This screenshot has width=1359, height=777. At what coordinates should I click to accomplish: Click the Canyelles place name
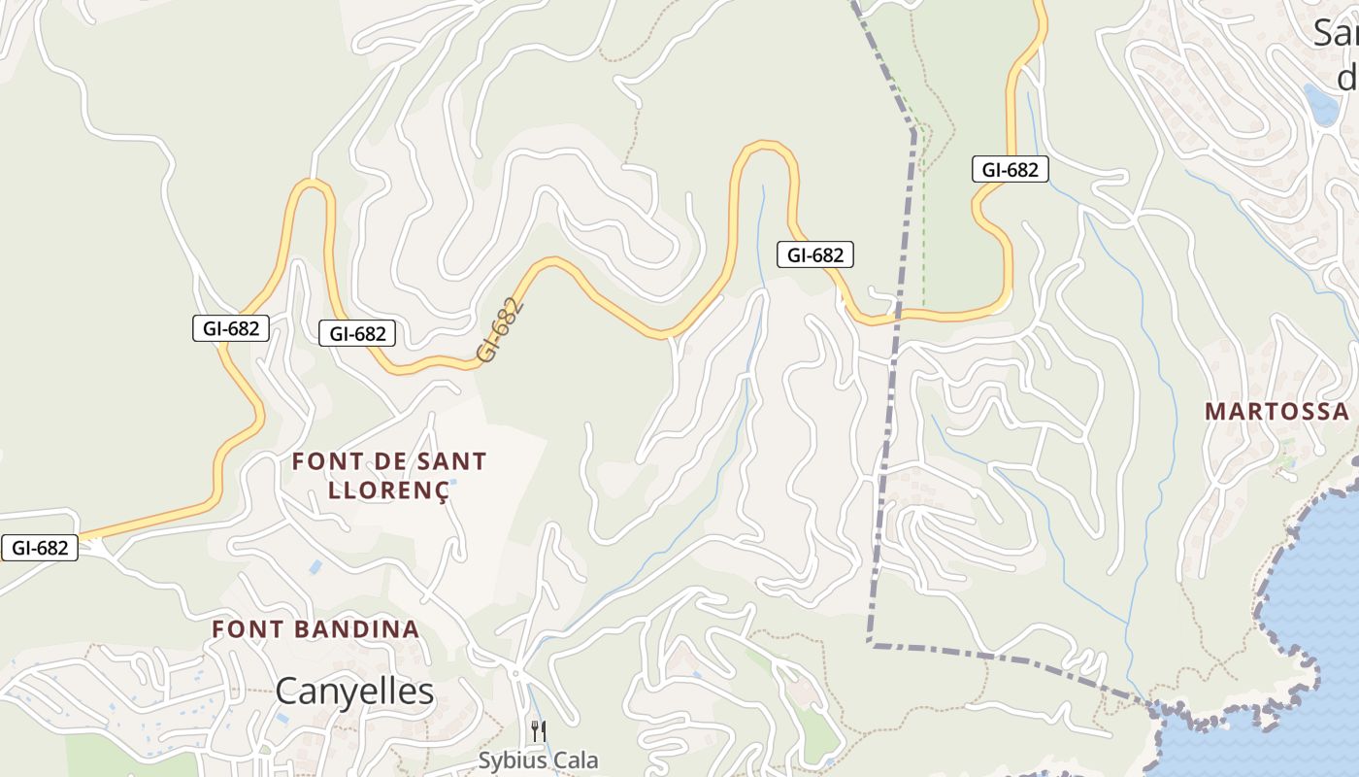pyautogui.click(x=354, y=692)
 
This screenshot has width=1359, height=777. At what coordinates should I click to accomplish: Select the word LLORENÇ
pyautogui.click(x=388, y=490)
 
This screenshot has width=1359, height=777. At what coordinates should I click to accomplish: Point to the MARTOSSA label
pyautogui.click(x=1276, y=411)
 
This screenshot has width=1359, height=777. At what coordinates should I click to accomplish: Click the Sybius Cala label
pyautogui.click(x=538, y=760)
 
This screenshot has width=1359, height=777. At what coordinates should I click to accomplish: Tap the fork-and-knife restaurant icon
pyautogui.click(x=538, y=730)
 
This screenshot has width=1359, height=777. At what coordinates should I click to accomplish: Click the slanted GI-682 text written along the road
pyautogui.click(x=501, y=330)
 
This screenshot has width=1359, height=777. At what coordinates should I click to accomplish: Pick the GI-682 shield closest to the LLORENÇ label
pyautogui.click(x=357, y=334)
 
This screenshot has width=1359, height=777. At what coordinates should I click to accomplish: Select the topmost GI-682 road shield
pyautogui.click(x=1010, y=170)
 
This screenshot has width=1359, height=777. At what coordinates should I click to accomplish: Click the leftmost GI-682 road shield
pyautogui.click(x=40, y=548)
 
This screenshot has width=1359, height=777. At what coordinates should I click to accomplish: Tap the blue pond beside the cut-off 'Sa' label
pyautogui.click(x=1321, y=104)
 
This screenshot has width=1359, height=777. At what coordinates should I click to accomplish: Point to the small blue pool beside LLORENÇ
pyautogui.click(x=452, y=481)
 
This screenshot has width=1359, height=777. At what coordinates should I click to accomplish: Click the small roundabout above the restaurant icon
pyautogui.click(x=515, y=672)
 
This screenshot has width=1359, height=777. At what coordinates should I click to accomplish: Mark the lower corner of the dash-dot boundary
pyautogui.click(x=871, y=643)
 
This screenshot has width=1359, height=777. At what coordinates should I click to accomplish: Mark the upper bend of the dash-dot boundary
pyautogui.click(x=913, y=130)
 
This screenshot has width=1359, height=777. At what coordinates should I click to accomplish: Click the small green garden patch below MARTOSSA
pyautogui.click(x=1287, y=457)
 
